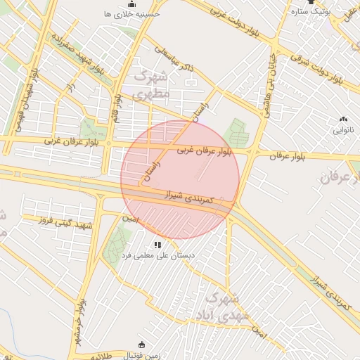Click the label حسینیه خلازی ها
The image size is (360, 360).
(x=131, y=14)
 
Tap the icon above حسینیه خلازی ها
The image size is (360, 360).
(x=132, y=4)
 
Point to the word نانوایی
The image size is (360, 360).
(x=343, y=130)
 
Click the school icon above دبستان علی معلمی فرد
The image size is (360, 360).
(x=158, y=245)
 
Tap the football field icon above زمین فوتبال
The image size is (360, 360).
(x=142, y=345)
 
